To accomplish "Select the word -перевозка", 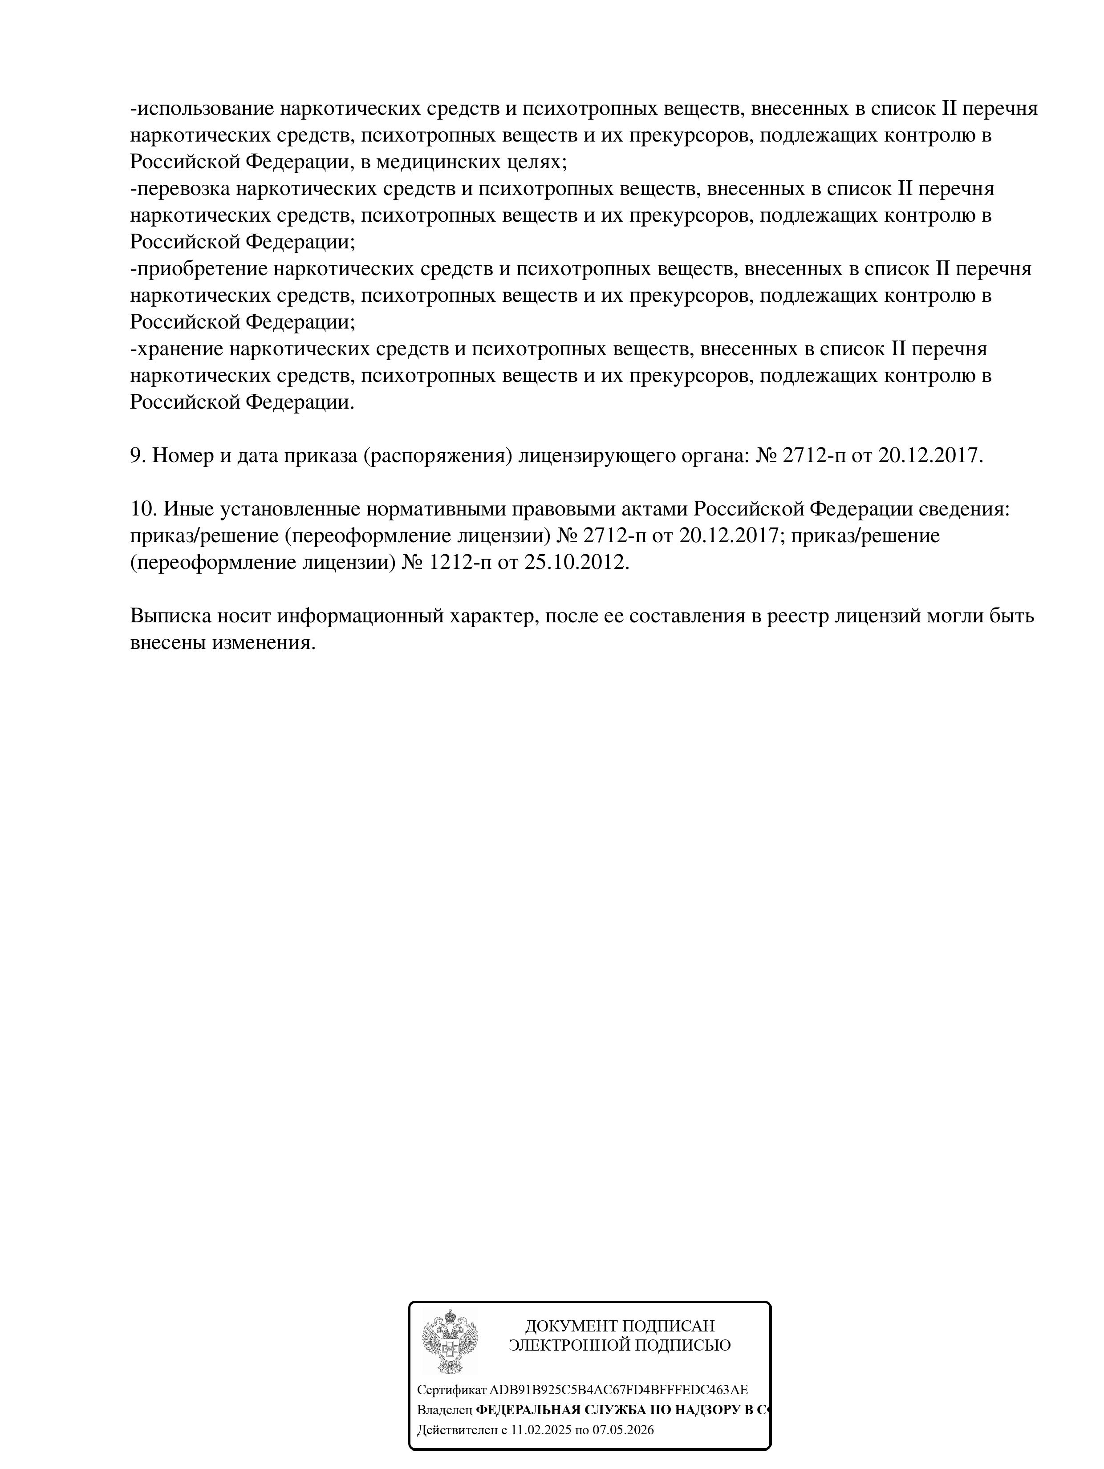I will coord(180,189).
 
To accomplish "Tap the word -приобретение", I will coord(199,269).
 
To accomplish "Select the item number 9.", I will coord(137,455).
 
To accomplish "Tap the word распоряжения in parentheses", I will coord(438,455).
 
